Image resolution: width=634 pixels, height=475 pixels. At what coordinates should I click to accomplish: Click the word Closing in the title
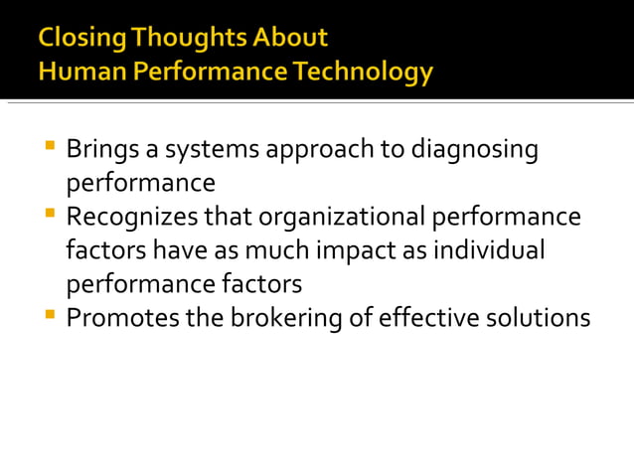pyautogui.click(x=83, y=39)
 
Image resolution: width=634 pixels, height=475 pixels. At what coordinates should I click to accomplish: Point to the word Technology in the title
pyautogui.click(x=370, y=73)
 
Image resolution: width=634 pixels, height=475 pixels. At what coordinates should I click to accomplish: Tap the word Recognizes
pyautogui.click(x=129, y=218)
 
